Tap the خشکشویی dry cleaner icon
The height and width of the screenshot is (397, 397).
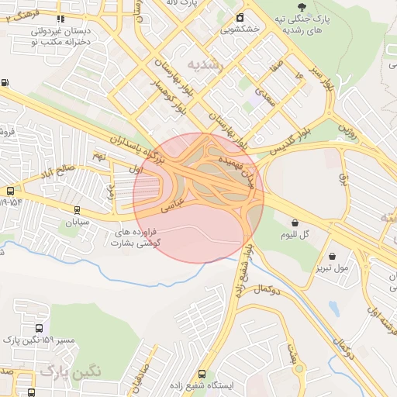pos(240,18)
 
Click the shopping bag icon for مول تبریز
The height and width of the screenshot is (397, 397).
pos(333,257)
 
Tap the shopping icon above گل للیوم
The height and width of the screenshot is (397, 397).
pos(285,223)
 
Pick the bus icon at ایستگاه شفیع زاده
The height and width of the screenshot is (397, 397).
pos(202,375)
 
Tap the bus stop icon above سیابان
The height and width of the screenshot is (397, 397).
pos(77,209)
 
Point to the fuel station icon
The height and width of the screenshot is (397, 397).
pos(5,83)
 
